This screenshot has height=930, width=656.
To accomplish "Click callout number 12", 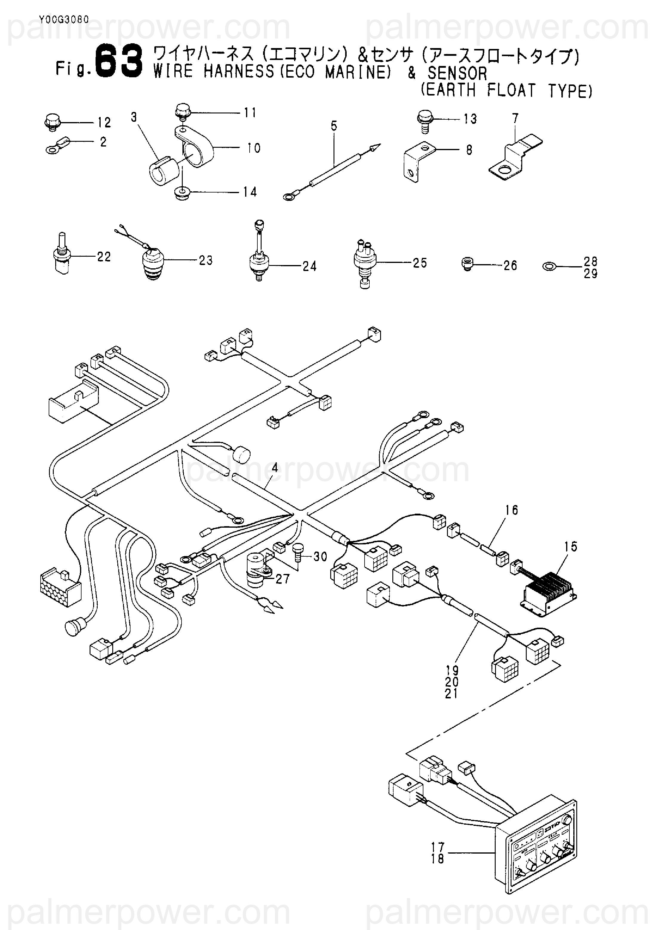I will [104, 122].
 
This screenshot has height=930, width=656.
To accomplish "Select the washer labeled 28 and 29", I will [548, 267].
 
